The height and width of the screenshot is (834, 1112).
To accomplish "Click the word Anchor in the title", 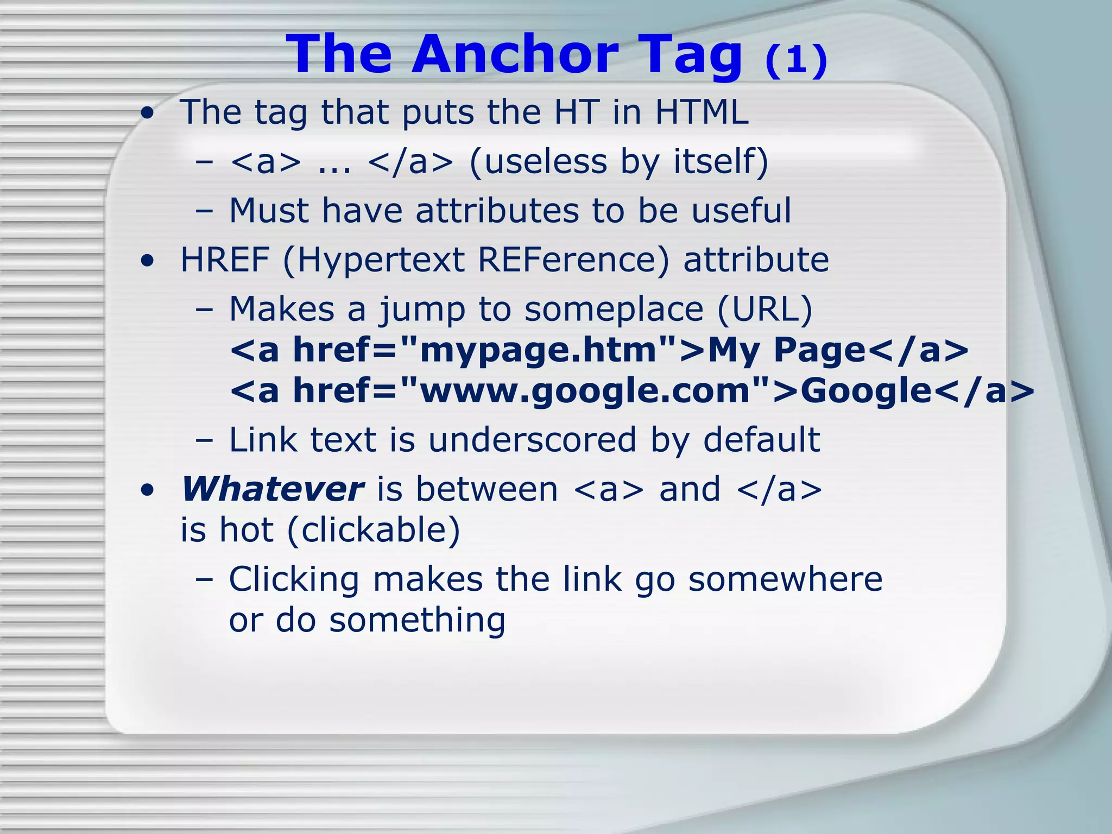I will (515, 54).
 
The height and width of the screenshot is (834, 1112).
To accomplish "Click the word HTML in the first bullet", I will (702, 112).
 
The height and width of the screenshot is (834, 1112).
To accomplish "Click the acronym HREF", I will (225, 260).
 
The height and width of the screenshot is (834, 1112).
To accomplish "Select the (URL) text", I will (764, 309).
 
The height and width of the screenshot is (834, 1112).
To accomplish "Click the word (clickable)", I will (374, 530).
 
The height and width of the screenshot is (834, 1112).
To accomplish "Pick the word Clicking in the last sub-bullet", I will (294, 579).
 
